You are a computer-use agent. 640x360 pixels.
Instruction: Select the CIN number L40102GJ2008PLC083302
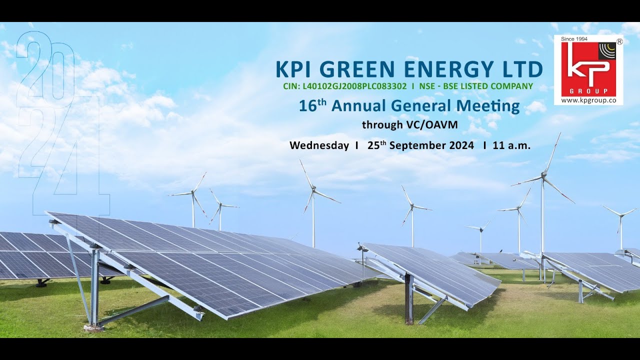coord(354,86)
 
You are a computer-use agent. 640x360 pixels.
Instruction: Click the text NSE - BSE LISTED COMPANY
coord(476,86)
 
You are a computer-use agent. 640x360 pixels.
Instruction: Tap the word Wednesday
coord(319,146)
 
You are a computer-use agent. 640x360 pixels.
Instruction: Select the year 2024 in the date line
coord(460,146)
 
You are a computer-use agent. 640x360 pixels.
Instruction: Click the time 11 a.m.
coord(511,146)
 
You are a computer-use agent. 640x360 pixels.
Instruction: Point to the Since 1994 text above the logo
coord(574,38)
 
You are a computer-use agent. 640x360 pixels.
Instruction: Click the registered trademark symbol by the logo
coord(619,42)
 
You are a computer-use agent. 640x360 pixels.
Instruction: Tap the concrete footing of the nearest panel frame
coord(93,328)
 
